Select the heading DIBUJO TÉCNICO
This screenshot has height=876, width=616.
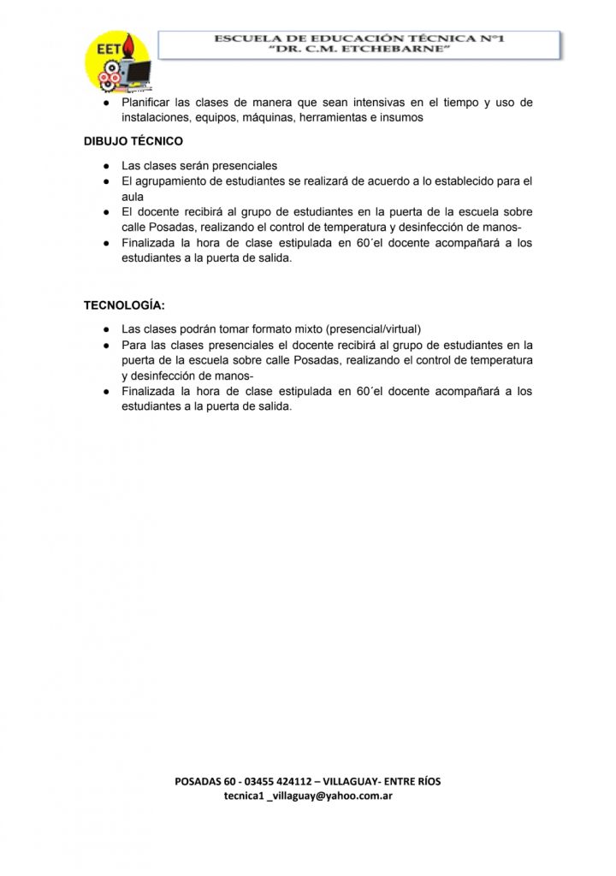pos(133,141)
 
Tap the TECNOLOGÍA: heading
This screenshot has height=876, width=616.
pos(124,305)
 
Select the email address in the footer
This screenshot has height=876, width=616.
pos(308,796)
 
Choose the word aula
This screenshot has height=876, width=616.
pos(133,197)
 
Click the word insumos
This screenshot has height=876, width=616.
pos(400,117)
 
